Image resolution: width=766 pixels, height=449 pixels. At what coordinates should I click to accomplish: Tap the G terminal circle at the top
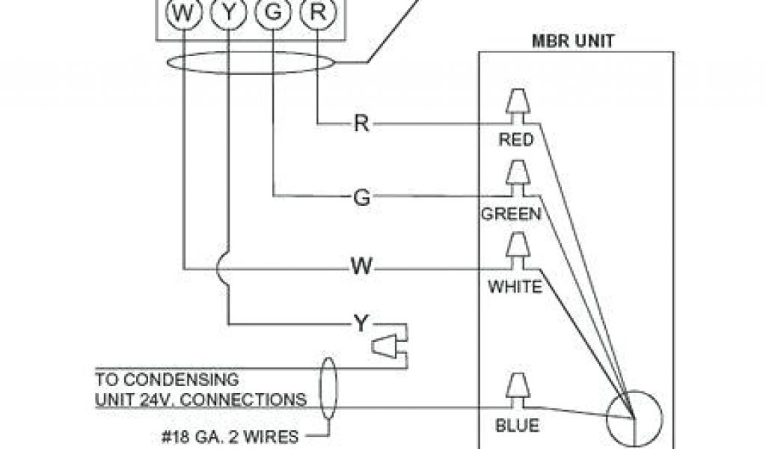272,13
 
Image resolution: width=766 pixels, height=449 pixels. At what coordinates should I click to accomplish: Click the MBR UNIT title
572,40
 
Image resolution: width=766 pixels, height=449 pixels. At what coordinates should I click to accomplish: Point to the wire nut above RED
516,106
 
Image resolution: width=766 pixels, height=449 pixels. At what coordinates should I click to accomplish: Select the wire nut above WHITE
516,248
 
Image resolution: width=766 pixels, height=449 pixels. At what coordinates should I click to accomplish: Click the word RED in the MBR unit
515,140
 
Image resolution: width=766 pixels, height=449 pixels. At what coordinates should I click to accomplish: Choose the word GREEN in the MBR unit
511,214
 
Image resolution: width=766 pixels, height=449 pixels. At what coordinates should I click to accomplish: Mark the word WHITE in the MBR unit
515,287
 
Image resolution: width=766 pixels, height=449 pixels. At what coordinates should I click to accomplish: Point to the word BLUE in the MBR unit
517,427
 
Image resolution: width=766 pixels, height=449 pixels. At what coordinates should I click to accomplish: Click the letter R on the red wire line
361,123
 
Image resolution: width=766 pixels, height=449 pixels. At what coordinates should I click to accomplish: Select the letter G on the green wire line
361,197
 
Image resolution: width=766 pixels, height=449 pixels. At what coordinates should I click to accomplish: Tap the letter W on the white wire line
361,268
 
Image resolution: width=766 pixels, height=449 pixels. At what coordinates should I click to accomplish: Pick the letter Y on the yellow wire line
361,323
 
